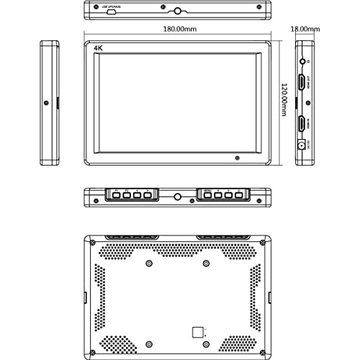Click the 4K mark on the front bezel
[98, 49]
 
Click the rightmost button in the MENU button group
[238, 196]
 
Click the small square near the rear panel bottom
[197, 332]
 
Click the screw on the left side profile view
[48, 102]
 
